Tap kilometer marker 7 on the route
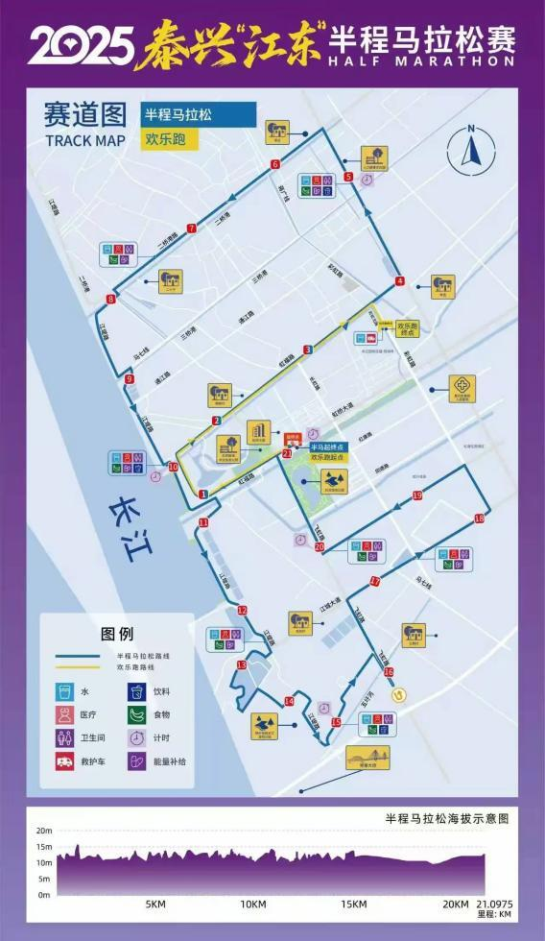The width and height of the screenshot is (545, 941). tap(192, 229)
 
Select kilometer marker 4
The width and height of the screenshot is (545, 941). tap(399, 281)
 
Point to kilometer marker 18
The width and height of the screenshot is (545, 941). tap(480, 519)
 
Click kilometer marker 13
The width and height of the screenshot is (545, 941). tap(242, 664)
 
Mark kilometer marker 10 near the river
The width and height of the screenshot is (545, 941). tap(173, 467)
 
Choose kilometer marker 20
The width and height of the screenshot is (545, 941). tap(320, 547)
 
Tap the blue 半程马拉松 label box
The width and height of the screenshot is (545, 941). tap(198, 114)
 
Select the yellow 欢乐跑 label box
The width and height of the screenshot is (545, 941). tap(169, 138)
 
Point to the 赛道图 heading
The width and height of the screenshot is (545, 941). tap(84, 115)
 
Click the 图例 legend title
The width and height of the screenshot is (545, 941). tap(117, 634)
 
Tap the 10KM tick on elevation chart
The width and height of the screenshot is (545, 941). tap(253, 904)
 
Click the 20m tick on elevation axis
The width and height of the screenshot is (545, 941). tap(43, 831)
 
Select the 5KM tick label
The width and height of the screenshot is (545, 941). tap(155, 904)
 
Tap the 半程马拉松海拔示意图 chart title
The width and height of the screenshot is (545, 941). tap(446, 819)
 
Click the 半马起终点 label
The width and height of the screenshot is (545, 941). tap(327, 446)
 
